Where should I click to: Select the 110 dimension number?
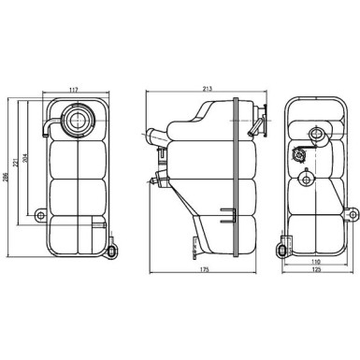314,263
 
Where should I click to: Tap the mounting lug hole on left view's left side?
39,215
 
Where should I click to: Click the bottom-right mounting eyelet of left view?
112,249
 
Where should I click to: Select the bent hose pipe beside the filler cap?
49,123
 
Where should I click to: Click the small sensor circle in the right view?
302,155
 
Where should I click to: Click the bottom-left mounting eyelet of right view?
282,250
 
